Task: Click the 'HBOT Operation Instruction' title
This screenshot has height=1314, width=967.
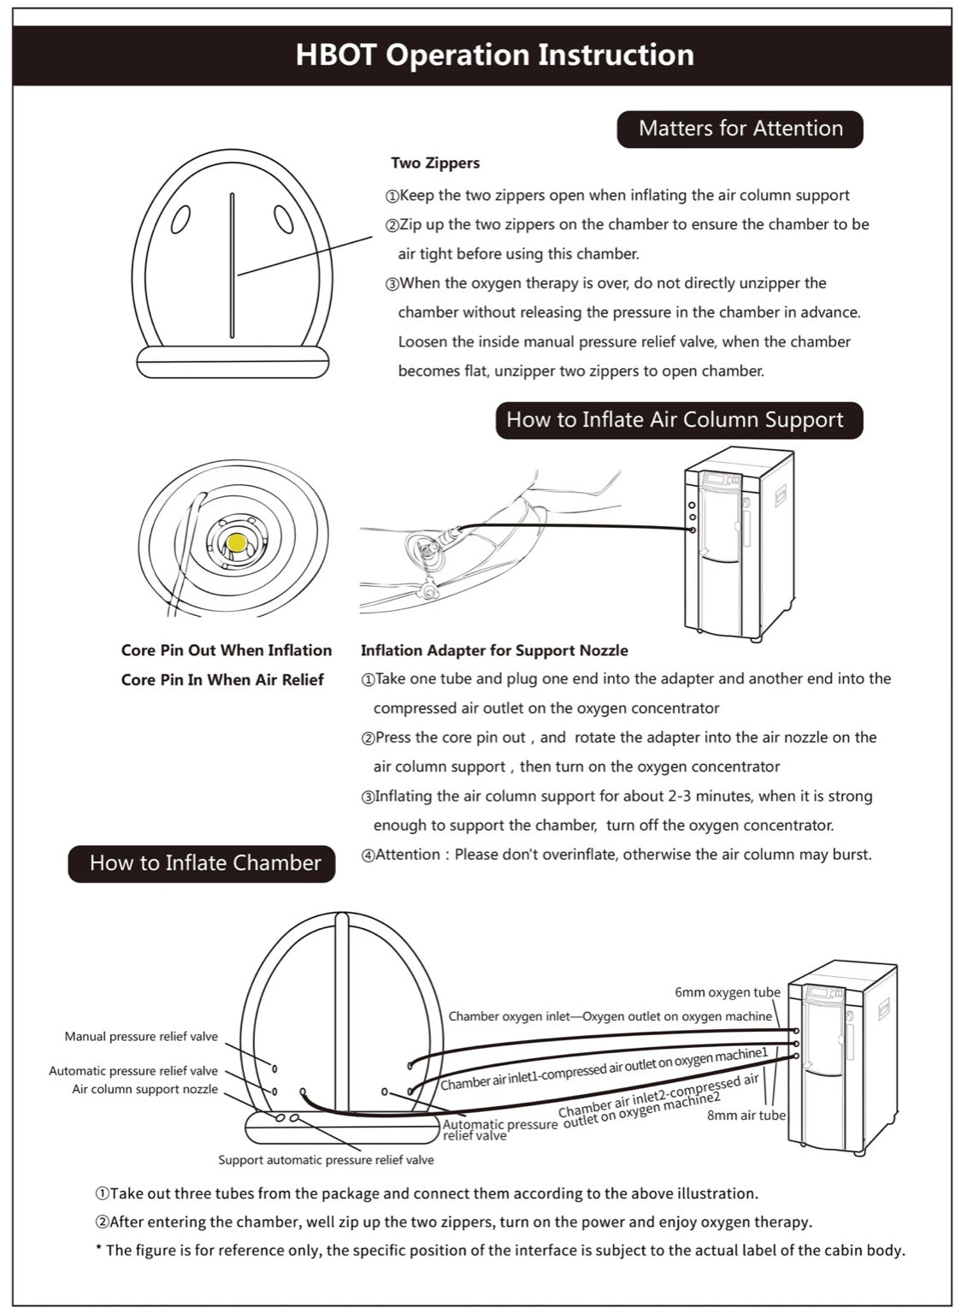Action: [494, 55]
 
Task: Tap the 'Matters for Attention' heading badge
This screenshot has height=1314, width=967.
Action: [740, 128]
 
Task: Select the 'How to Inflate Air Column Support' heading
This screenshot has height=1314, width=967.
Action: [675, 420]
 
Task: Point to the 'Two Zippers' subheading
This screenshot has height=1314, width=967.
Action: [435, 163]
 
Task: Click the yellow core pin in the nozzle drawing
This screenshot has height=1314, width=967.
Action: [237, 542]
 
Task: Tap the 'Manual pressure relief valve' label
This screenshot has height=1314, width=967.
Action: [141, 1037]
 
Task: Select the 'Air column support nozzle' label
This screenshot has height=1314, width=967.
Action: [144, 1089]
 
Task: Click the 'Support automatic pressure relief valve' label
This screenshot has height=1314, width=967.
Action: [326, 1160]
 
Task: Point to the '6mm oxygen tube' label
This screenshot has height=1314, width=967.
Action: [727, 992]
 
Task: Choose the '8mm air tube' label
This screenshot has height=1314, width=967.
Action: [746, 1116]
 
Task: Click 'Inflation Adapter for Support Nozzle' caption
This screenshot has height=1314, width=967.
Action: [494, 650]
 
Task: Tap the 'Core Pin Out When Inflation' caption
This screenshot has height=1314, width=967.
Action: [227, 650]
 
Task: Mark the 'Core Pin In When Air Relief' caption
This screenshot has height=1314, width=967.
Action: [222, 680]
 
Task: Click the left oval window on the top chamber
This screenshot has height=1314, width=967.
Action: [180, 220]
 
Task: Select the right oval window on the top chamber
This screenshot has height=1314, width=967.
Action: [283, 219]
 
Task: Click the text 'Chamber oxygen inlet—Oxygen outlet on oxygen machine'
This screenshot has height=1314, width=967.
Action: [610, 1016]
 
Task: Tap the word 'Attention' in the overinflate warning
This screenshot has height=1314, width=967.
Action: [408, 855]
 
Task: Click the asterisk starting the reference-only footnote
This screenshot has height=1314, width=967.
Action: [98, 1251]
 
